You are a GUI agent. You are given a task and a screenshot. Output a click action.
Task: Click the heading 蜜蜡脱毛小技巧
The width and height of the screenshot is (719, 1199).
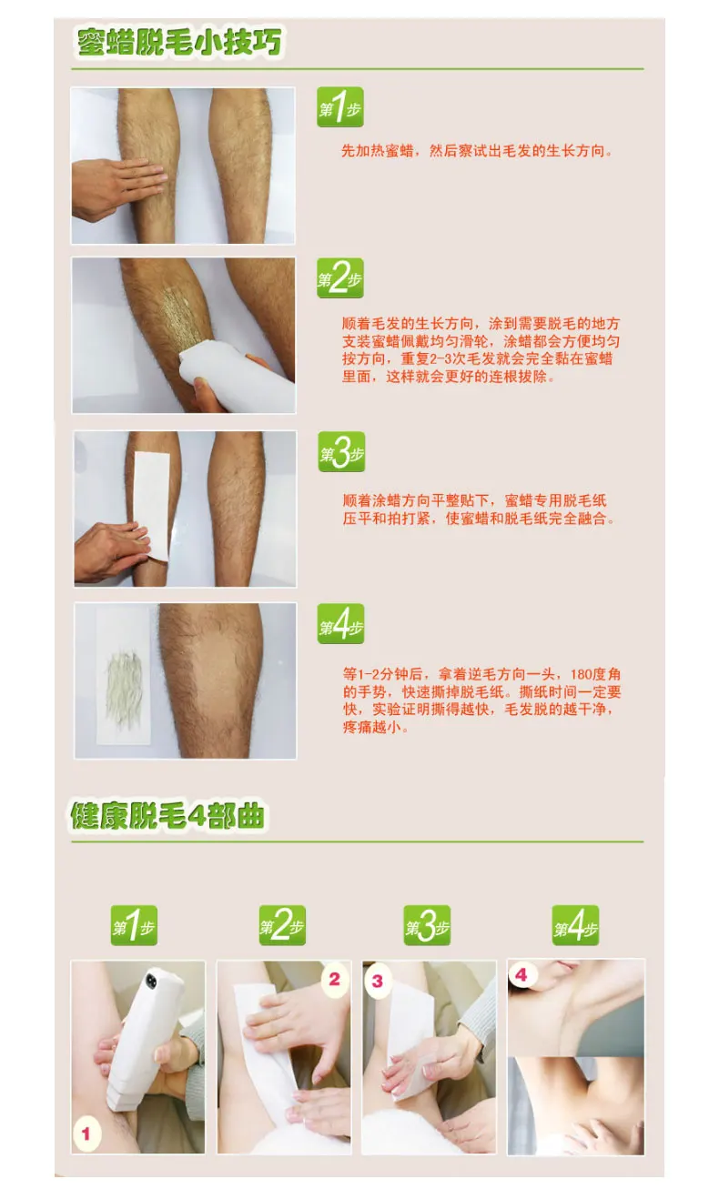(x=178, y=42)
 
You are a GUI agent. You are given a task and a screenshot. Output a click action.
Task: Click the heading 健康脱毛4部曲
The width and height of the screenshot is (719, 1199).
(x=167, y=816)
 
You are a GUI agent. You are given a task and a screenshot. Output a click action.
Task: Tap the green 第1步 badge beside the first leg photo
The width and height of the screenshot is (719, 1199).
(x=340, y=107)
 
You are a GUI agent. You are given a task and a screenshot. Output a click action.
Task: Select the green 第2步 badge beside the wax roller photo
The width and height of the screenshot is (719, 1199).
(x=340, y=278)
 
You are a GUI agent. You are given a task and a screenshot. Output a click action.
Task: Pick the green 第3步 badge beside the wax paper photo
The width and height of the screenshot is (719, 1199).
(x=341, y=452)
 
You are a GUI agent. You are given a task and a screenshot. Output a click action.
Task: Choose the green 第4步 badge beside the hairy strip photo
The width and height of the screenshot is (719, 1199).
(x=340, y=624)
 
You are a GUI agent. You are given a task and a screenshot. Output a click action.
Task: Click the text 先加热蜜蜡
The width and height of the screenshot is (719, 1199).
(x=378, y=151)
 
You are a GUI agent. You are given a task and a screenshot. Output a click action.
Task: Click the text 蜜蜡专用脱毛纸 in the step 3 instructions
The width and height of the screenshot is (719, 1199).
(x=555, y=500)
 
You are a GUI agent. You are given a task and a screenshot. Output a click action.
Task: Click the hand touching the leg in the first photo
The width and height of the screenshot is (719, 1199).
(x=115, y=188)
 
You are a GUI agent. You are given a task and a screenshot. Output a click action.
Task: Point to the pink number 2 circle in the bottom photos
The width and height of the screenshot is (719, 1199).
(x=335, y=979)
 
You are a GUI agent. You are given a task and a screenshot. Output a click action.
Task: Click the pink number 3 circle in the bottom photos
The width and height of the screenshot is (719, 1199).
(x=378, y=982)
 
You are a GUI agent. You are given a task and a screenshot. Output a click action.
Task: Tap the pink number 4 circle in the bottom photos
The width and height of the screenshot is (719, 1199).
(x=522, y=974)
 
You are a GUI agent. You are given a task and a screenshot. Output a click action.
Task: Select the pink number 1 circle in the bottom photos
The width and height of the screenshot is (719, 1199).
(x=86, y=1134)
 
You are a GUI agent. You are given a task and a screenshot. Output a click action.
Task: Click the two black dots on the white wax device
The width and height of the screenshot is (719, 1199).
(x=152, y=981)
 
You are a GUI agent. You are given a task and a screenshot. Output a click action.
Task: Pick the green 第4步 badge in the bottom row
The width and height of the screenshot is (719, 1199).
(x=575, y=925)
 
